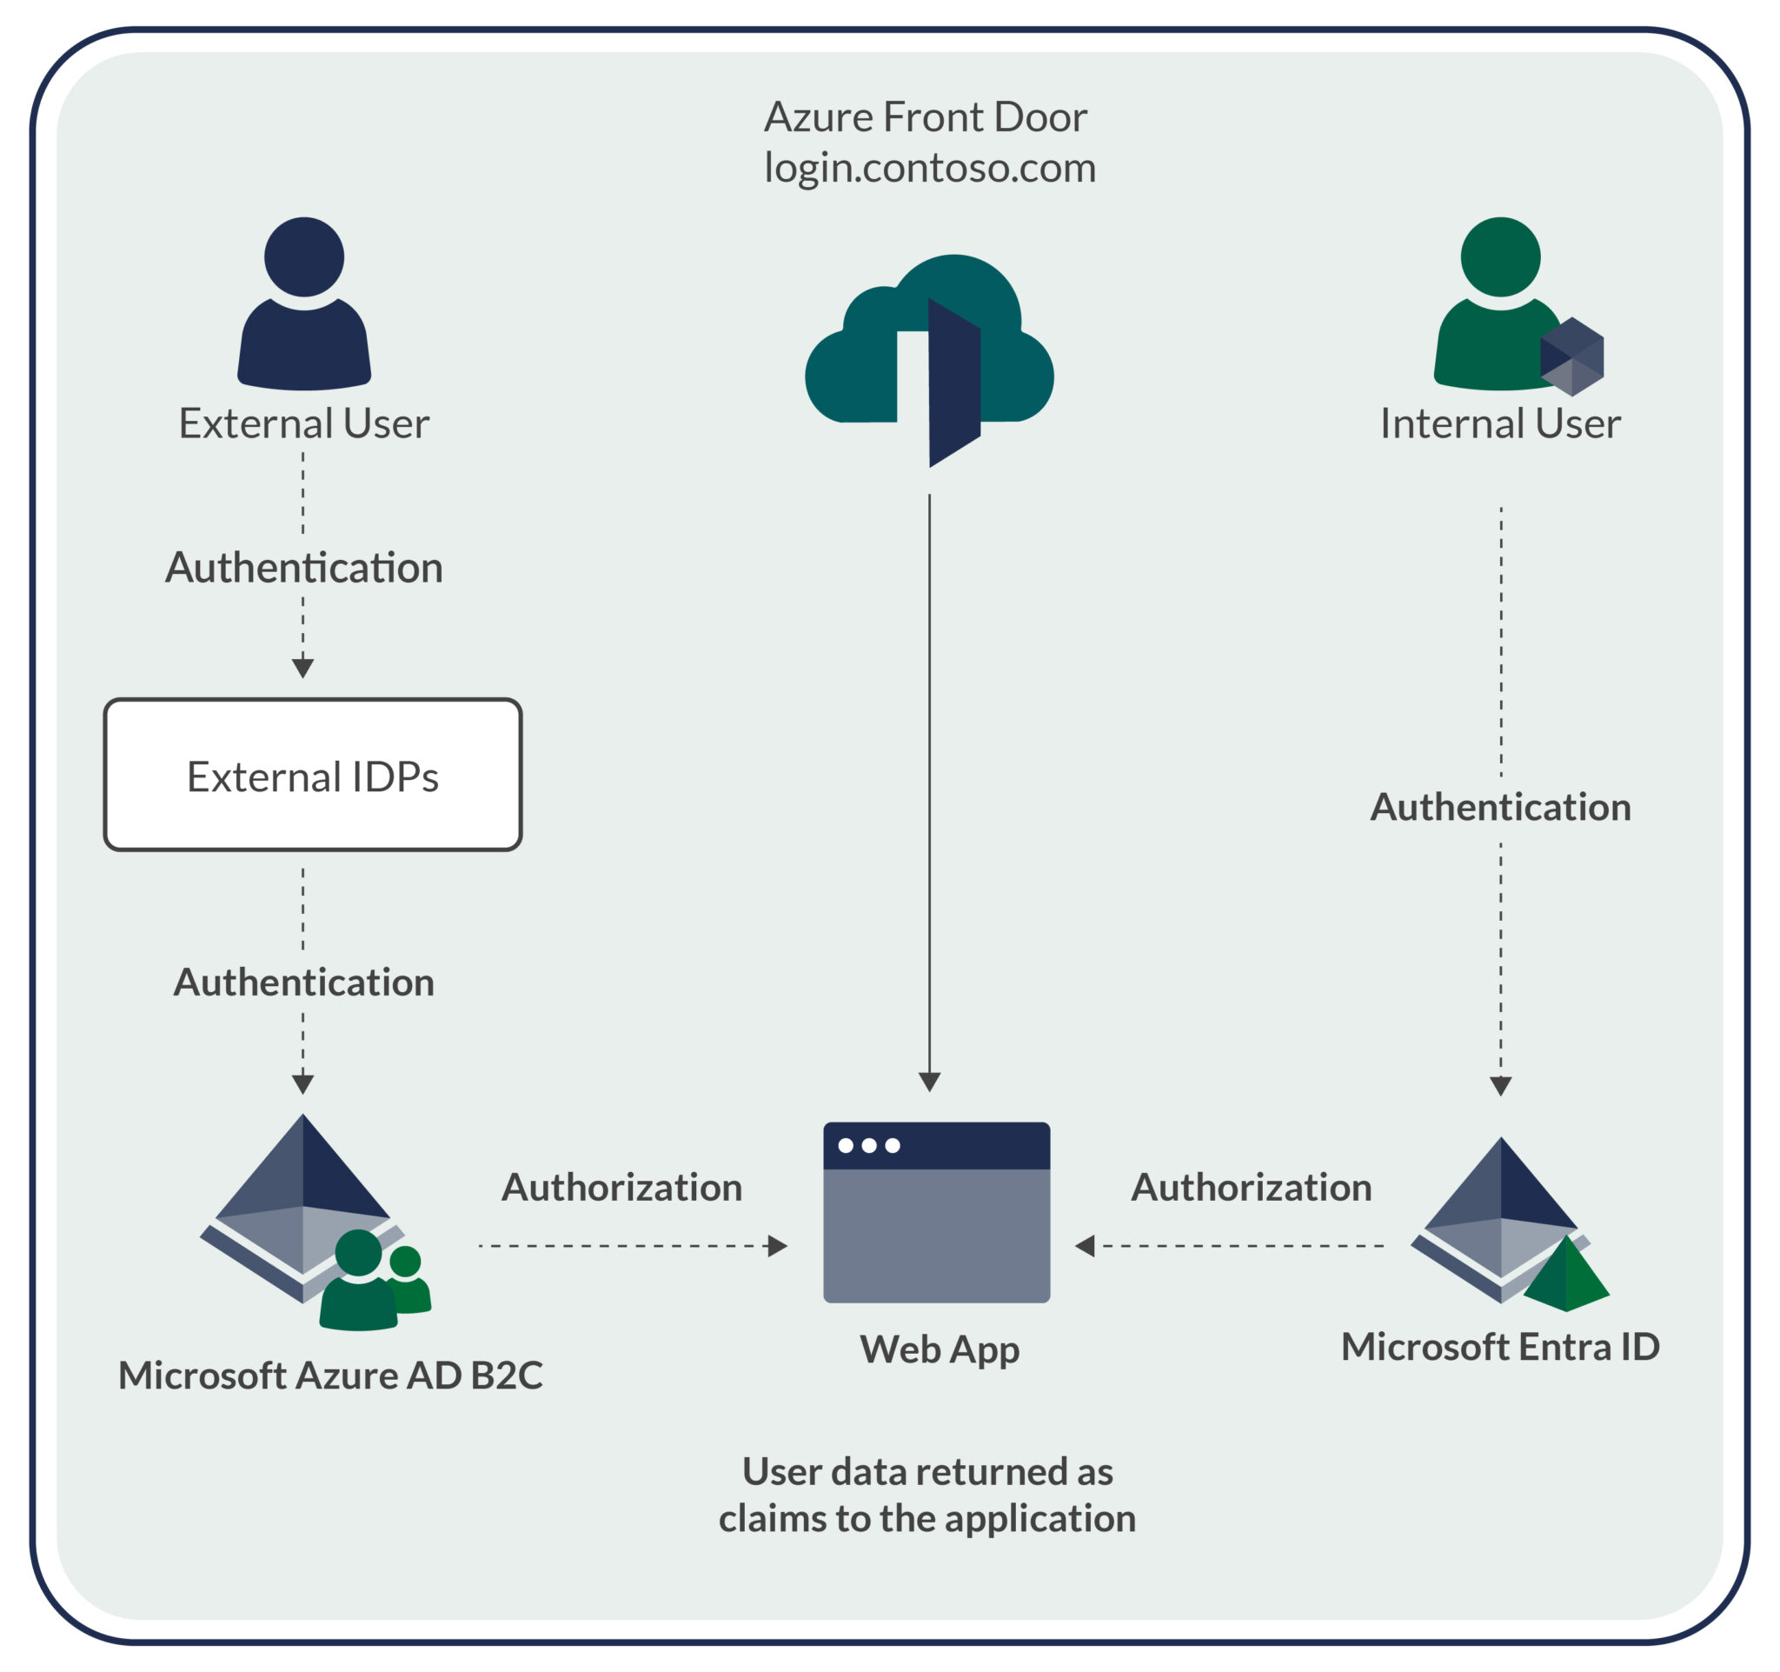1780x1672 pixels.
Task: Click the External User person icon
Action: pyautogui.click(x=303, y=304)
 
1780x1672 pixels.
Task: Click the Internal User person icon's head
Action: pyautogui.click(x=1500, y=257)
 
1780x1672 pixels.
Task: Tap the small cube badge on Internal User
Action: pyautogui.click(x=1571, y=356)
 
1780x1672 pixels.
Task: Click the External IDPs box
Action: pyautogui.click(x=313, y=776)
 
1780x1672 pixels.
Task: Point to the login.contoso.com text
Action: pyautogui.click(x=929, y=168)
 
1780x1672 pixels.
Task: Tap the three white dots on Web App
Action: pyautogui.click(x=867, y=1145)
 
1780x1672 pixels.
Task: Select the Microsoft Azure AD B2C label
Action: pyautogui.click(x=330, y=1376)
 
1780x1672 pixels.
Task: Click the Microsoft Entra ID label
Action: pyautogui.click(x=1500, y=1347)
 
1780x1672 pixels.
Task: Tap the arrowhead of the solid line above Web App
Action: pyautogui.click(x=929, y=1081)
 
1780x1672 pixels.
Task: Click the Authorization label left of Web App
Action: pyautogui.click(x=621, y=1188)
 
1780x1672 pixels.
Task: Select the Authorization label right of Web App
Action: pyautogui.click(x=1251, y=1188)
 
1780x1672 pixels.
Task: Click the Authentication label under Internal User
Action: pyautogui.click(x=1500, y=807)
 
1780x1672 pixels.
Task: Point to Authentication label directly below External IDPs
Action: pyautogui.click(x=303, y=983)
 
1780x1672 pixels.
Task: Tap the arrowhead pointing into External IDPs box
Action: pyautogui.click(x=302, y=668)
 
